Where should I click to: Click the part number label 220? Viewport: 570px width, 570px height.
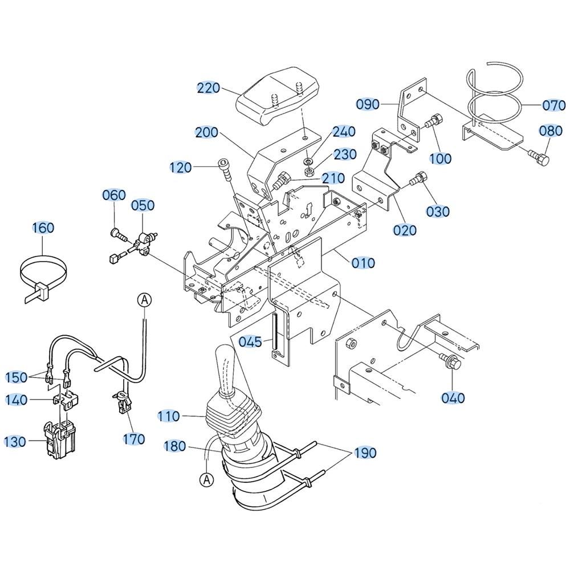click(208, 88)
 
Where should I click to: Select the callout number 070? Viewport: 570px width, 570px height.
click(554, 105)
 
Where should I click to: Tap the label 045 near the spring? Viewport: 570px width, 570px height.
click(250, 341)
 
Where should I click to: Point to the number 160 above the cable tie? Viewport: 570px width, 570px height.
click(43, 228)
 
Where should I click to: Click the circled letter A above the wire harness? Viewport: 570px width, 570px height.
click(145, 300)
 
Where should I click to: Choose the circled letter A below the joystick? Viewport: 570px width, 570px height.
click(207, 479)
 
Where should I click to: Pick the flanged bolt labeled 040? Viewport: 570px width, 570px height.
click(450, 360)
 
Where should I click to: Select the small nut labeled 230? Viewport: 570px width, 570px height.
click(309, 170)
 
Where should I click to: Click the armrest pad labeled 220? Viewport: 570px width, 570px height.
click(278, 96)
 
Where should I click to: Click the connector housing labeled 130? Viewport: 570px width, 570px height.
click(59, 440)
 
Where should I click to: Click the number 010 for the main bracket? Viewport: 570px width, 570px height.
click(363, 263)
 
